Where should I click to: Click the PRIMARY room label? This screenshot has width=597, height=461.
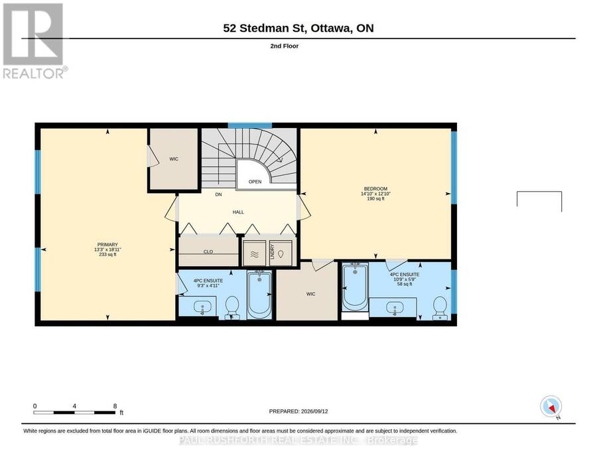point(107,244)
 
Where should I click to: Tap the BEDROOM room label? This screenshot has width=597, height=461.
point(375,188)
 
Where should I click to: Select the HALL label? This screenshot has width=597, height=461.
point(238,212)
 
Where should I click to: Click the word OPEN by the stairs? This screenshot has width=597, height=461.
point(255,182)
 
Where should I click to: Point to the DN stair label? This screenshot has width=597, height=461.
point(218,194)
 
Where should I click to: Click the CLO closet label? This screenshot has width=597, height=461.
point(208,251)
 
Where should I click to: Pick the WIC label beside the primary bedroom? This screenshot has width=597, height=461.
point(174,159)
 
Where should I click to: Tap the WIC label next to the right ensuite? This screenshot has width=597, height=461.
point(310,294)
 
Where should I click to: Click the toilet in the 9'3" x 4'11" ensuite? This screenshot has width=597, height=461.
point(232,307)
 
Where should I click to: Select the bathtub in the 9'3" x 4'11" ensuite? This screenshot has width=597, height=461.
point(259,295)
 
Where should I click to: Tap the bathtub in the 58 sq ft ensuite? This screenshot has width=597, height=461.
point(355,287)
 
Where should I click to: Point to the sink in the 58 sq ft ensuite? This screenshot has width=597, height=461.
point(395,308)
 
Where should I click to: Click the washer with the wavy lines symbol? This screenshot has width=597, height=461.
point(255,253)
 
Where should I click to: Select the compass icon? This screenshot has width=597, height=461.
point(551,407)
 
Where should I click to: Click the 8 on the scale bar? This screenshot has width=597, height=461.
point(115,406)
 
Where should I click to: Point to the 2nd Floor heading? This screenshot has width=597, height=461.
point(285,46)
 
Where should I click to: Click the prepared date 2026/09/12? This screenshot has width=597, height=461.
point(314,411)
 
